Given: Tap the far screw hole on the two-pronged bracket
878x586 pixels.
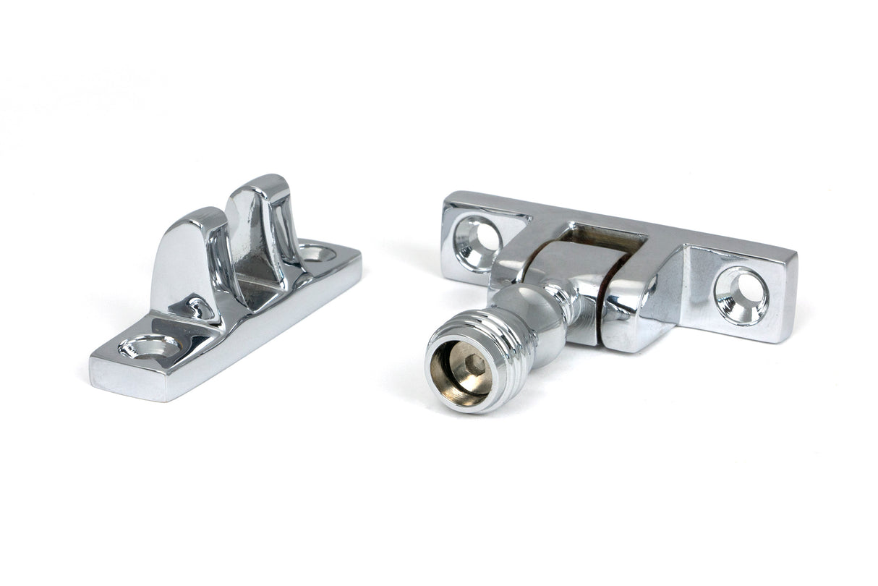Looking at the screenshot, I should coord(317,253).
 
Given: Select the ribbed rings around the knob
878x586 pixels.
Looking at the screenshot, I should coord(506,354).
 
